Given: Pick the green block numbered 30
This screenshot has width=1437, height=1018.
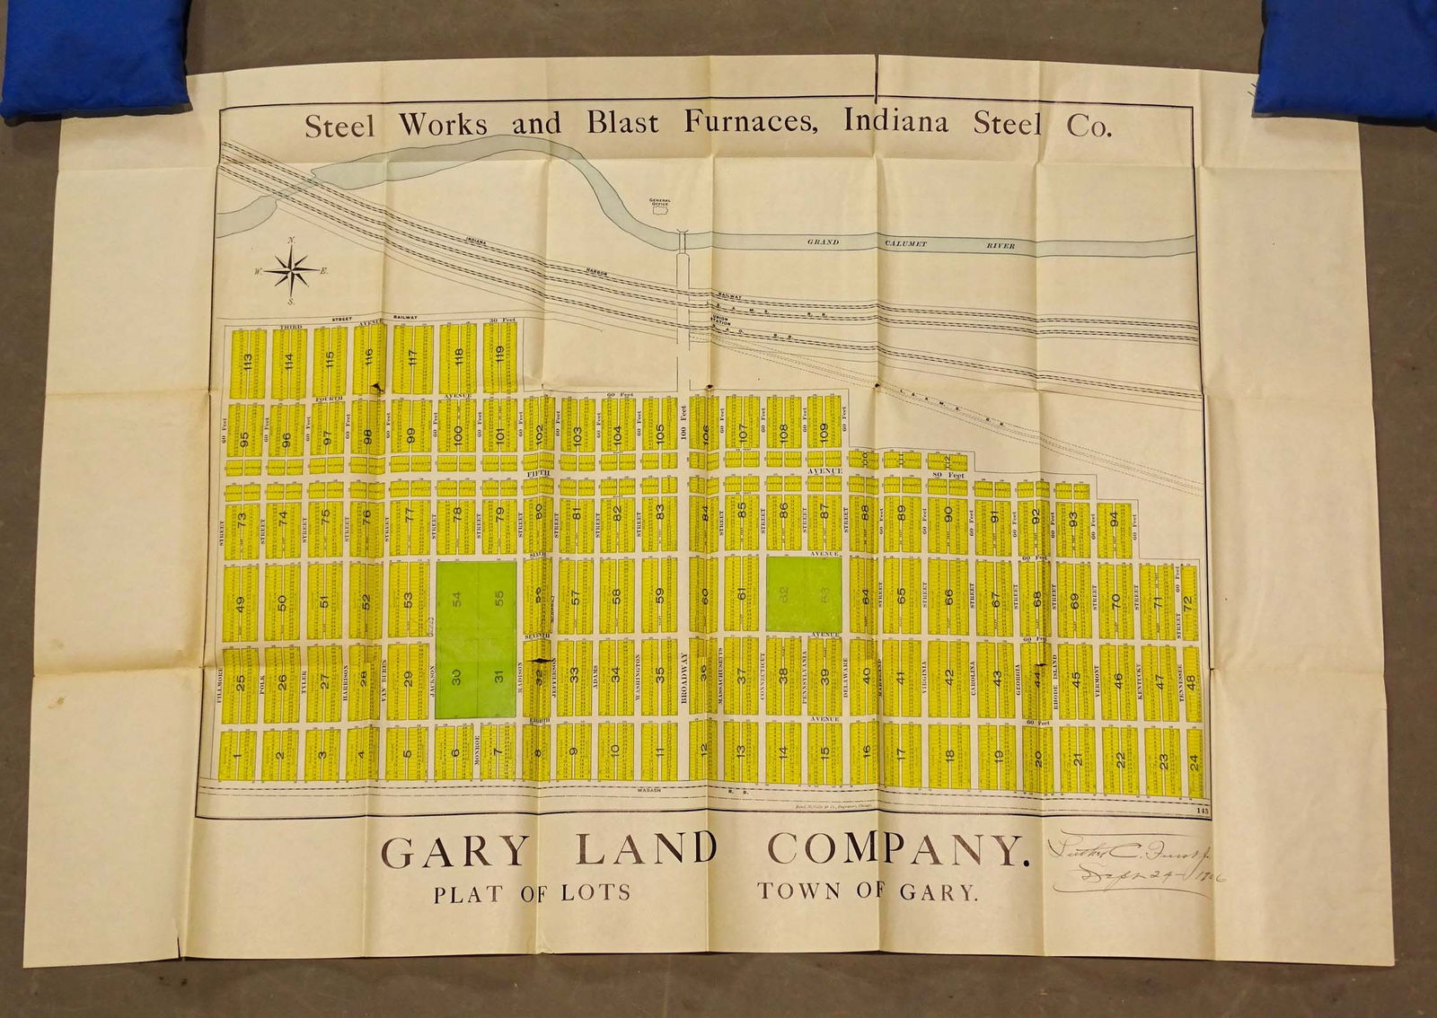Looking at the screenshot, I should (x=456, y=679).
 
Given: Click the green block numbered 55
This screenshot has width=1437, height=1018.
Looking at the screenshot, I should (x=498, y=597).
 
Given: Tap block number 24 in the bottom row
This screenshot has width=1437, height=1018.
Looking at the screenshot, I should (x=1194, y=762).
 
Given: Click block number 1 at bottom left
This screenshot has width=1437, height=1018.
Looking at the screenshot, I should (x=237, y=756).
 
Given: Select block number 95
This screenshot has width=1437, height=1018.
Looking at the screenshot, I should (x=243, y=440).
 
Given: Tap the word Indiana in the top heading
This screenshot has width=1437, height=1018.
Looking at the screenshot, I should (x=895, y=123).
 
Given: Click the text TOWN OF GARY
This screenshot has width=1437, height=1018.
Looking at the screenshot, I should (x=867, y=892).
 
